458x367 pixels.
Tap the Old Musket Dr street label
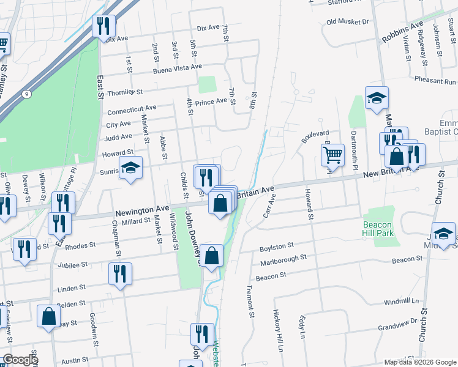347,21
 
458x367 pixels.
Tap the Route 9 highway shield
27,94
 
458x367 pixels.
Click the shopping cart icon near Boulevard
332,154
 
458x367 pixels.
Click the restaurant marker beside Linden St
120,273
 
